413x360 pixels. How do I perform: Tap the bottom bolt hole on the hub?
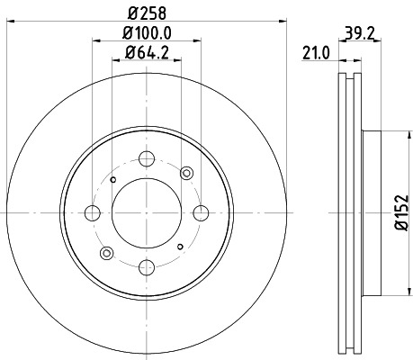(146, 265)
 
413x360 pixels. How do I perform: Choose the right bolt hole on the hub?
(198, 213)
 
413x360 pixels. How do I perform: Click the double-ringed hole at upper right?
(187, 173)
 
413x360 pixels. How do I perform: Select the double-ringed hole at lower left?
(105, 254)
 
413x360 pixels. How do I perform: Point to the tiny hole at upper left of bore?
(112, 179)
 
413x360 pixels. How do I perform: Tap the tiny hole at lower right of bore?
(180, 247)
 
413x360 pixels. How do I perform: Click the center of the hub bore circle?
(146, 213)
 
